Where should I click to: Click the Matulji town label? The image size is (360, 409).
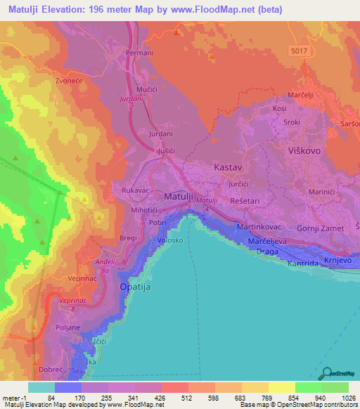point(179,197)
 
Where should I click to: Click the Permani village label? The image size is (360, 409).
point(139,53)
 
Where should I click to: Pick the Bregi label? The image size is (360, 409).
point(129,239)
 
